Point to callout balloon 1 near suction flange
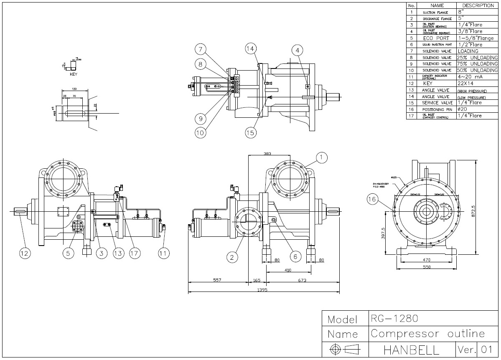pos(321,157)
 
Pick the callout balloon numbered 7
pos(201,50)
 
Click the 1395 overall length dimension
pos(262,289)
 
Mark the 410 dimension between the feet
pos(288,270)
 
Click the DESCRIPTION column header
pos(478,6)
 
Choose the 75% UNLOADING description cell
pos(478,64)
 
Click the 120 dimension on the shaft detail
pos(74,89)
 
